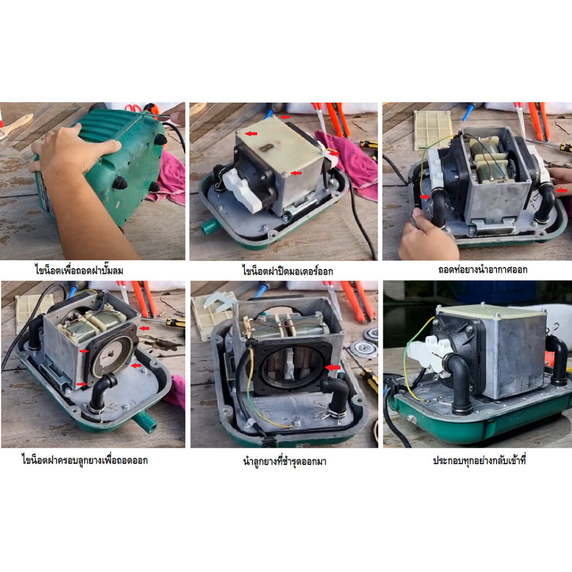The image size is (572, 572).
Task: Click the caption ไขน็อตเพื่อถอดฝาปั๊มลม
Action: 79,270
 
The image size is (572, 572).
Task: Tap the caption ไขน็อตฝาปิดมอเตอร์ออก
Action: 288,271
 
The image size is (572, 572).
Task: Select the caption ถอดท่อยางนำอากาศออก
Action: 483,270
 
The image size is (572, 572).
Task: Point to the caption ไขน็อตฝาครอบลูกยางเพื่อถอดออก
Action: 85,460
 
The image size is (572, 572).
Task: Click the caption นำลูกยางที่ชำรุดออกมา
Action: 284,461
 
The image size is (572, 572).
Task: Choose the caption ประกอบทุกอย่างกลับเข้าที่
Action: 479,460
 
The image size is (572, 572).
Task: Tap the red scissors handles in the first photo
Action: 133,108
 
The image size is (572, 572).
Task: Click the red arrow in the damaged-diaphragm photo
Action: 332,368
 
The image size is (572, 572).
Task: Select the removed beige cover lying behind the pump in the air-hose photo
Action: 433,129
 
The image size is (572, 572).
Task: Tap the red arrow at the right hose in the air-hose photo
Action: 561,190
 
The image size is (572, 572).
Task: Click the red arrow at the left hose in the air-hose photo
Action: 425,197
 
